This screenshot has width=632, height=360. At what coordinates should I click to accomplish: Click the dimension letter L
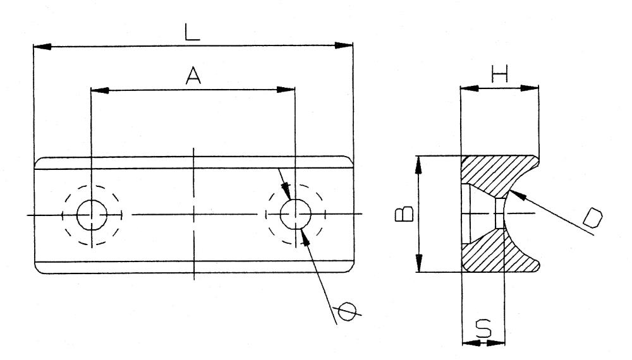click(x=192, y=32)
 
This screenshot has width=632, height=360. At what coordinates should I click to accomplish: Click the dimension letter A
click(x=193, y=76)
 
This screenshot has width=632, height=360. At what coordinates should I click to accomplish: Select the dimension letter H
click(x=499, y=74)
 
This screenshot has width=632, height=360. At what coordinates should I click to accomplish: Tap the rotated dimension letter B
click(x=404, y=214)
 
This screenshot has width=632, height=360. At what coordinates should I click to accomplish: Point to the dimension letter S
click(x=483, y=328)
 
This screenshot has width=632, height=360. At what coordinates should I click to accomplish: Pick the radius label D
click(x=593, y=218)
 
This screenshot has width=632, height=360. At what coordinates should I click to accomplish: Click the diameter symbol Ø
click(x=347, y=311)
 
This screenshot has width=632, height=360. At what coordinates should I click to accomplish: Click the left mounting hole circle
click(x=92, y=215)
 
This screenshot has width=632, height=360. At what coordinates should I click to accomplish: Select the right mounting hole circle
click(x=296, y=214)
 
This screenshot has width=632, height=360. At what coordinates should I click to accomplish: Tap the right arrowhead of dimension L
click(x=344, y=45)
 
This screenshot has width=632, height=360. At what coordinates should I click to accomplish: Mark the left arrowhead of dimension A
click(x=100, y=90)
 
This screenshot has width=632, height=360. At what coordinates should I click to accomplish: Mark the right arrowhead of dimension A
click(x=286, y=90)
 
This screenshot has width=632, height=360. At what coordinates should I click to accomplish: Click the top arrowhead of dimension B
click(x=419, y=165)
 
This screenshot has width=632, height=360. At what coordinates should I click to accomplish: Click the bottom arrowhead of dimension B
click(x=419, y=263)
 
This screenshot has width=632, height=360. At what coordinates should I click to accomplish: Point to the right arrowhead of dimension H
click(x=530, y=88)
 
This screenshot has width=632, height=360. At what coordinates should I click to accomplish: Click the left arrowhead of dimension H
click(x=470, y=88)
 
